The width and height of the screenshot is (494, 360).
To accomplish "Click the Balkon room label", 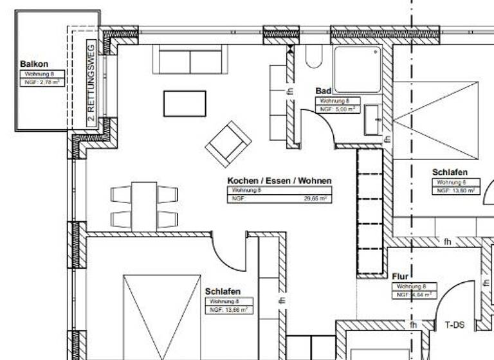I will (x=34, y=64).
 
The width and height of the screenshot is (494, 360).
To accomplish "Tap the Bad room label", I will (x=323, y=91).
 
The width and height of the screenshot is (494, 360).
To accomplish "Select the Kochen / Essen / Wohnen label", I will (x=279, y=181).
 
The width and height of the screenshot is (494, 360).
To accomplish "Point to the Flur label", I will (x=400, y=276).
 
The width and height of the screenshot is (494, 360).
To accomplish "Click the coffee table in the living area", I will (x=185, y=104).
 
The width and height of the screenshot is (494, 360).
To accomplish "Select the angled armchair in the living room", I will (x=228, y=143).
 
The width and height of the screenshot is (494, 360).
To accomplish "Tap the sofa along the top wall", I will (x=190, y=59).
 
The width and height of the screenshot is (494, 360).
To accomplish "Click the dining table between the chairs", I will (x=144, y=205).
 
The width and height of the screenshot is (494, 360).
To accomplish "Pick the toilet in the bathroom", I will (x=313, y=57).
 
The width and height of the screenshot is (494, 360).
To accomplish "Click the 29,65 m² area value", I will (x=315, y=199).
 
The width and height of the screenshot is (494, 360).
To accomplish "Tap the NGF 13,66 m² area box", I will (x=228, y=310).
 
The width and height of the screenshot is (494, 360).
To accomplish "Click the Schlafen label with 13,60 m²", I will (x=450, y=172).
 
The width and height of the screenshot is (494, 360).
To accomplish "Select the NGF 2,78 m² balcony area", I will (x=42, y=82).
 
